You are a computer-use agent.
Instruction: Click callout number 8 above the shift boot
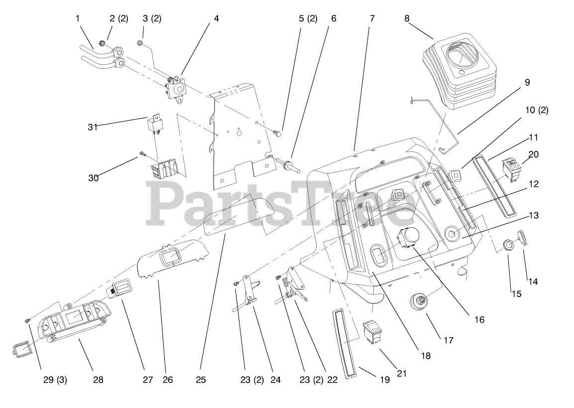coord(407,19)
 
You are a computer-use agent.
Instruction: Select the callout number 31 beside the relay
coord(92,127)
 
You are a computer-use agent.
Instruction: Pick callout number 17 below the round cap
coord(448,341)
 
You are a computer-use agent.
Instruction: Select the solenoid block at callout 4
coord(175,88)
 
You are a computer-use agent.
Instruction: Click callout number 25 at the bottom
coord(200,380)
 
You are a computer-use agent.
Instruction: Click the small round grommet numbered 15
coord(508,245)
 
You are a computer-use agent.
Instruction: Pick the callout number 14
coord(533,281)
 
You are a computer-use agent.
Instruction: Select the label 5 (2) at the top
coord(308,19)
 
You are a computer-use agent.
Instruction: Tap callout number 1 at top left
coord(78,18)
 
